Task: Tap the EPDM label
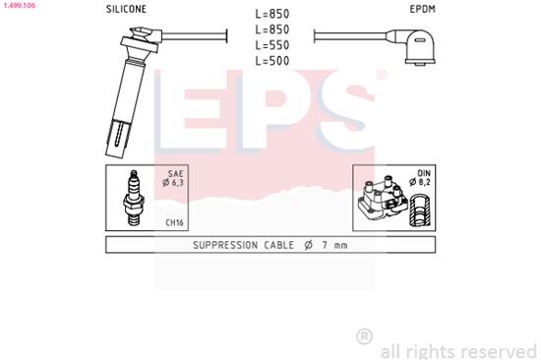[423, 8]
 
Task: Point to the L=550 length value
[270, 46]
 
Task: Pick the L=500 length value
[270, 62]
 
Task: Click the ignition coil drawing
[379, 201]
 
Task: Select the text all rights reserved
[458, 349]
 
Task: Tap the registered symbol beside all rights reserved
[364, 337]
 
